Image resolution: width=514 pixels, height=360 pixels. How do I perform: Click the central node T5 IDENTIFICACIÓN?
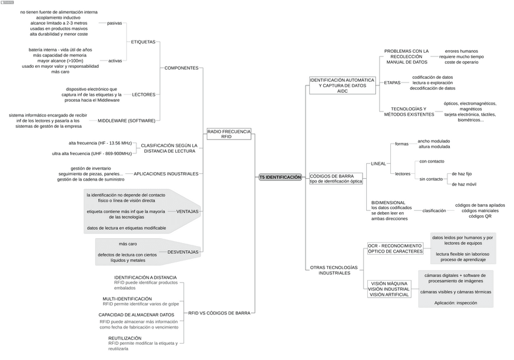(280, 177)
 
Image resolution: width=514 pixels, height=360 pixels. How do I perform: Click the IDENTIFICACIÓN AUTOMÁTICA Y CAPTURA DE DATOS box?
(338, 85)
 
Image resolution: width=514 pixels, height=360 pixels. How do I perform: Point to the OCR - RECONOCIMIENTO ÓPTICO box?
(395, 248)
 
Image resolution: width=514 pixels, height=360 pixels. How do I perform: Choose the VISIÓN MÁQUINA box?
(389, 288)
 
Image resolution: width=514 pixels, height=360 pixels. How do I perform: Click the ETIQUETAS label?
(143, 42)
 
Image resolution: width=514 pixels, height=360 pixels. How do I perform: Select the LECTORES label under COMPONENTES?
(144, 95)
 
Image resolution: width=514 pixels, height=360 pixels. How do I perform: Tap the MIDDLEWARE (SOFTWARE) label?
(127, 121)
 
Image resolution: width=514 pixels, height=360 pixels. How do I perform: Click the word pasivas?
(115, 23)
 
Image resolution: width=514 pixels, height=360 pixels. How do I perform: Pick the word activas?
(115, 61)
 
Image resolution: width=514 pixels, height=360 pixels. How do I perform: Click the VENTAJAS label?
(187, 212)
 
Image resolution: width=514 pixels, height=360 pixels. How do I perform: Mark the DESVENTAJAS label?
(182, 252)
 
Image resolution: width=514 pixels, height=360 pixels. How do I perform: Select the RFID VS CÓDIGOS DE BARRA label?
(219, 313)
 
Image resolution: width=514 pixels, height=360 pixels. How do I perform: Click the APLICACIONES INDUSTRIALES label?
(166, 174)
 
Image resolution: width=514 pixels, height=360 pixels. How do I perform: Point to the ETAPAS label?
(392, 82)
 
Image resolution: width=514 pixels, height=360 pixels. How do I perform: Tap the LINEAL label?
(378, 164)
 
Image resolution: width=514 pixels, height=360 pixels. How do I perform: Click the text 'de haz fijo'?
(461, 173)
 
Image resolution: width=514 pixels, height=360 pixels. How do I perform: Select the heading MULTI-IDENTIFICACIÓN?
(127, 299)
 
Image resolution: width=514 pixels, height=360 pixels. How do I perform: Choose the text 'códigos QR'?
(480, 216)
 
